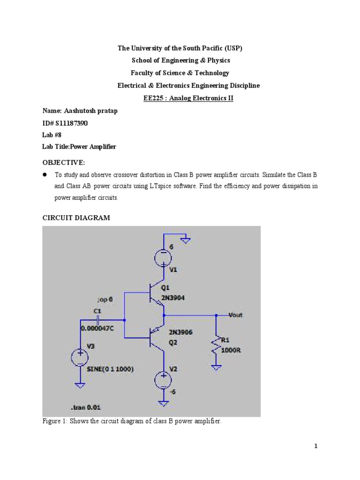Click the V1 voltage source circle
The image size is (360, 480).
(163, 257)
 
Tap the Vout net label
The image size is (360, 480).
(235, 315)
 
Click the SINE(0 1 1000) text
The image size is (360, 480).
(110, 369)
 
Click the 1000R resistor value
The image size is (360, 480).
(231, 349)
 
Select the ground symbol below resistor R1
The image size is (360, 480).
(216, 367)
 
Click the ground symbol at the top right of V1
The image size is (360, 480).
(186, 241)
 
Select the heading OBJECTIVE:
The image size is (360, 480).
(64, 162)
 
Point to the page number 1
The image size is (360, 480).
(316, 446)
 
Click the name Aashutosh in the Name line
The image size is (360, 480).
(82, 111)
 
